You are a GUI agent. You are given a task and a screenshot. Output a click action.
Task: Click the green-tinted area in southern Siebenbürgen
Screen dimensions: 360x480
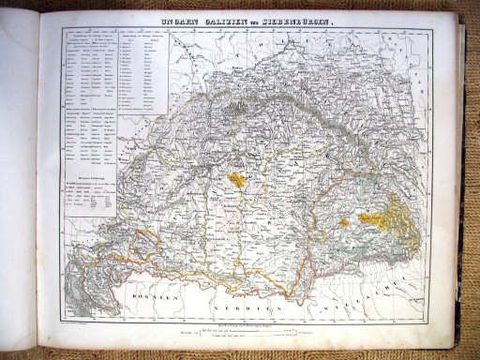point(375,246)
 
